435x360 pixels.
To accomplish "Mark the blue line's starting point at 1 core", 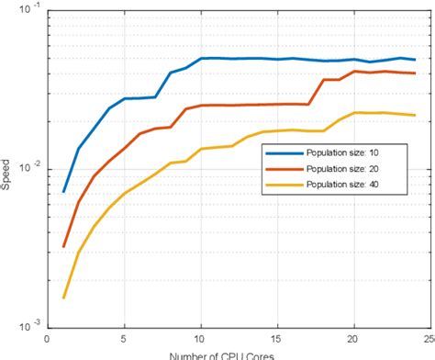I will click(63, 192).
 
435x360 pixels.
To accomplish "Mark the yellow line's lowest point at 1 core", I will click(63, 298).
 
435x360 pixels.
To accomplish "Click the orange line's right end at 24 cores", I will click(416, 73).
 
